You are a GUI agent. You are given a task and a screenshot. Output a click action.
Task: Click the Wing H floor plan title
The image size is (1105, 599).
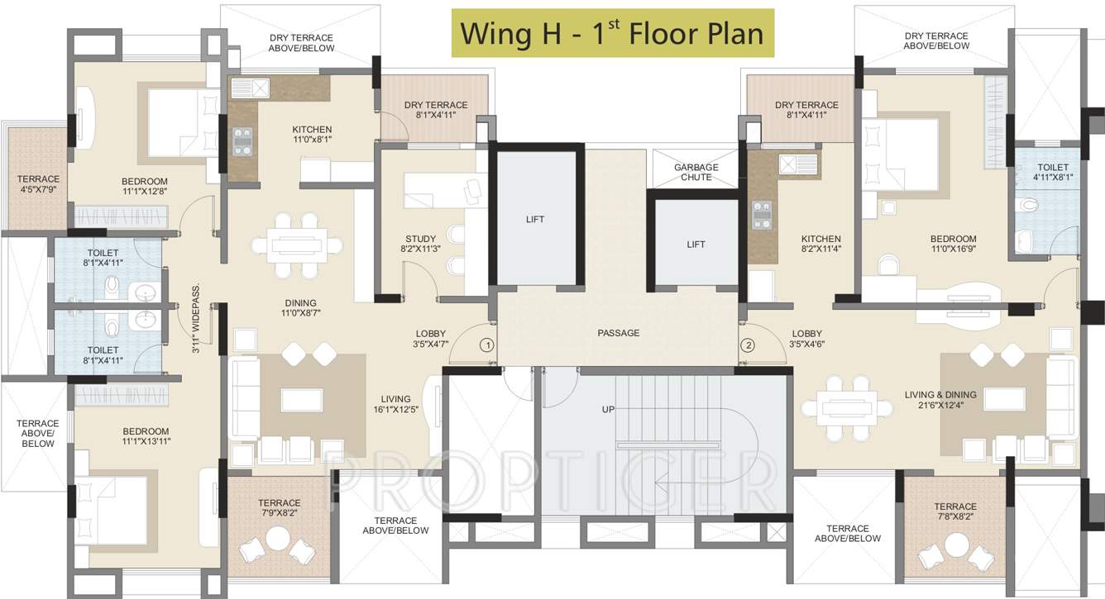pyautogui.click(x=612, y=33)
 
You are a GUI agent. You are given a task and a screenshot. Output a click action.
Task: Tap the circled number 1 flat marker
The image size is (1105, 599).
pyautogui.click(x=488, y=345)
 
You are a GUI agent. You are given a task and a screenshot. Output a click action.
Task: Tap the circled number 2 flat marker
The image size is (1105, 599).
pyautogui.click(x=749, y=345)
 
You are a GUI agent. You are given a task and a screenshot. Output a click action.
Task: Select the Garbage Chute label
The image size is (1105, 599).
pyautogui.click(x=696, y=172)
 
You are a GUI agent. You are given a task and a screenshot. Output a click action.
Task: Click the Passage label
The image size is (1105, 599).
pyautogui.click(x=619, y=333)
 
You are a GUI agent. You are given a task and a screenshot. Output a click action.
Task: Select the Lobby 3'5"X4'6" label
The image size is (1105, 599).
pyautogui.click(x=806, y=339)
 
